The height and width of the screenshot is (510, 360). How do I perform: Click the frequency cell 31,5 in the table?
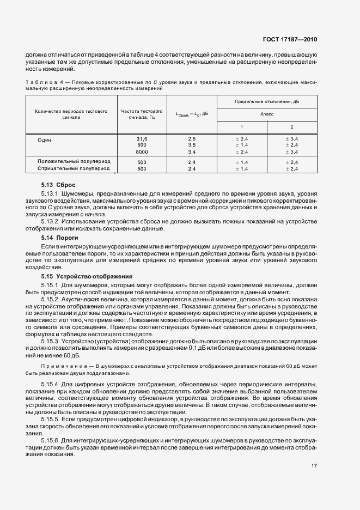coord(142,139)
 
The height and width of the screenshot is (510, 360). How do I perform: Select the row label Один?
coord(44,139)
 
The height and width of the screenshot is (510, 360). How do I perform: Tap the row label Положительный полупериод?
coord(74,162)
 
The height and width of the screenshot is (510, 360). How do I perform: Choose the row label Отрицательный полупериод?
coord(74,169)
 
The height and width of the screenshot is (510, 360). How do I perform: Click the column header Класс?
coord(266,114)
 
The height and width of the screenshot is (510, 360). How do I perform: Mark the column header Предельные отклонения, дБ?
coord(266,101)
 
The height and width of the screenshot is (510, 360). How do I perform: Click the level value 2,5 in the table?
coord(192,139)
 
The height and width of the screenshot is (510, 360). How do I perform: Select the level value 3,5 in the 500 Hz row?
coord(192,145)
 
